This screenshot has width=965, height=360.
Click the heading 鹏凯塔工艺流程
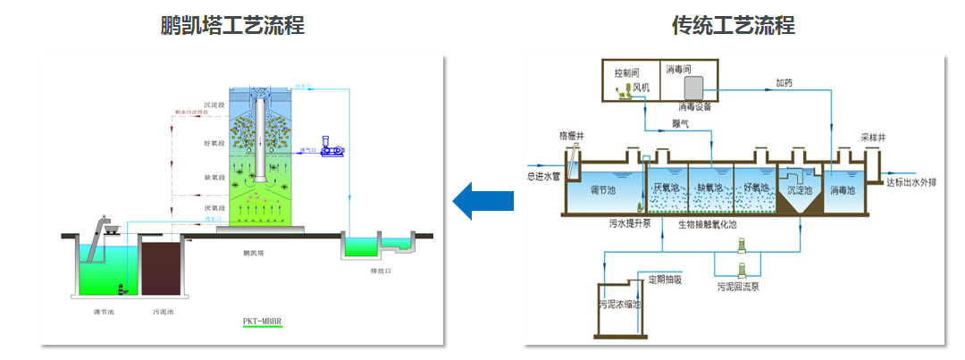pos(231,25)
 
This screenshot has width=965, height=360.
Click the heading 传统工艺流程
pos(733,25)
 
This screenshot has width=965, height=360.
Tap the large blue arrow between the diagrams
pos(482,200)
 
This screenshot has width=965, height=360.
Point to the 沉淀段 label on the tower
pos(214,105)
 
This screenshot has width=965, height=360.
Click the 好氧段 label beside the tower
pos(214,143)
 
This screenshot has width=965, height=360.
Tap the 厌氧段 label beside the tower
pos(214,207)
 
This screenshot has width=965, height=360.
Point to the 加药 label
pos(784,83)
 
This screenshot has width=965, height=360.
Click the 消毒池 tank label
pos(843,190)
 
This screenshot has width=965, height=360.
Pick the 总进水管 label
pos(542,176)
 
